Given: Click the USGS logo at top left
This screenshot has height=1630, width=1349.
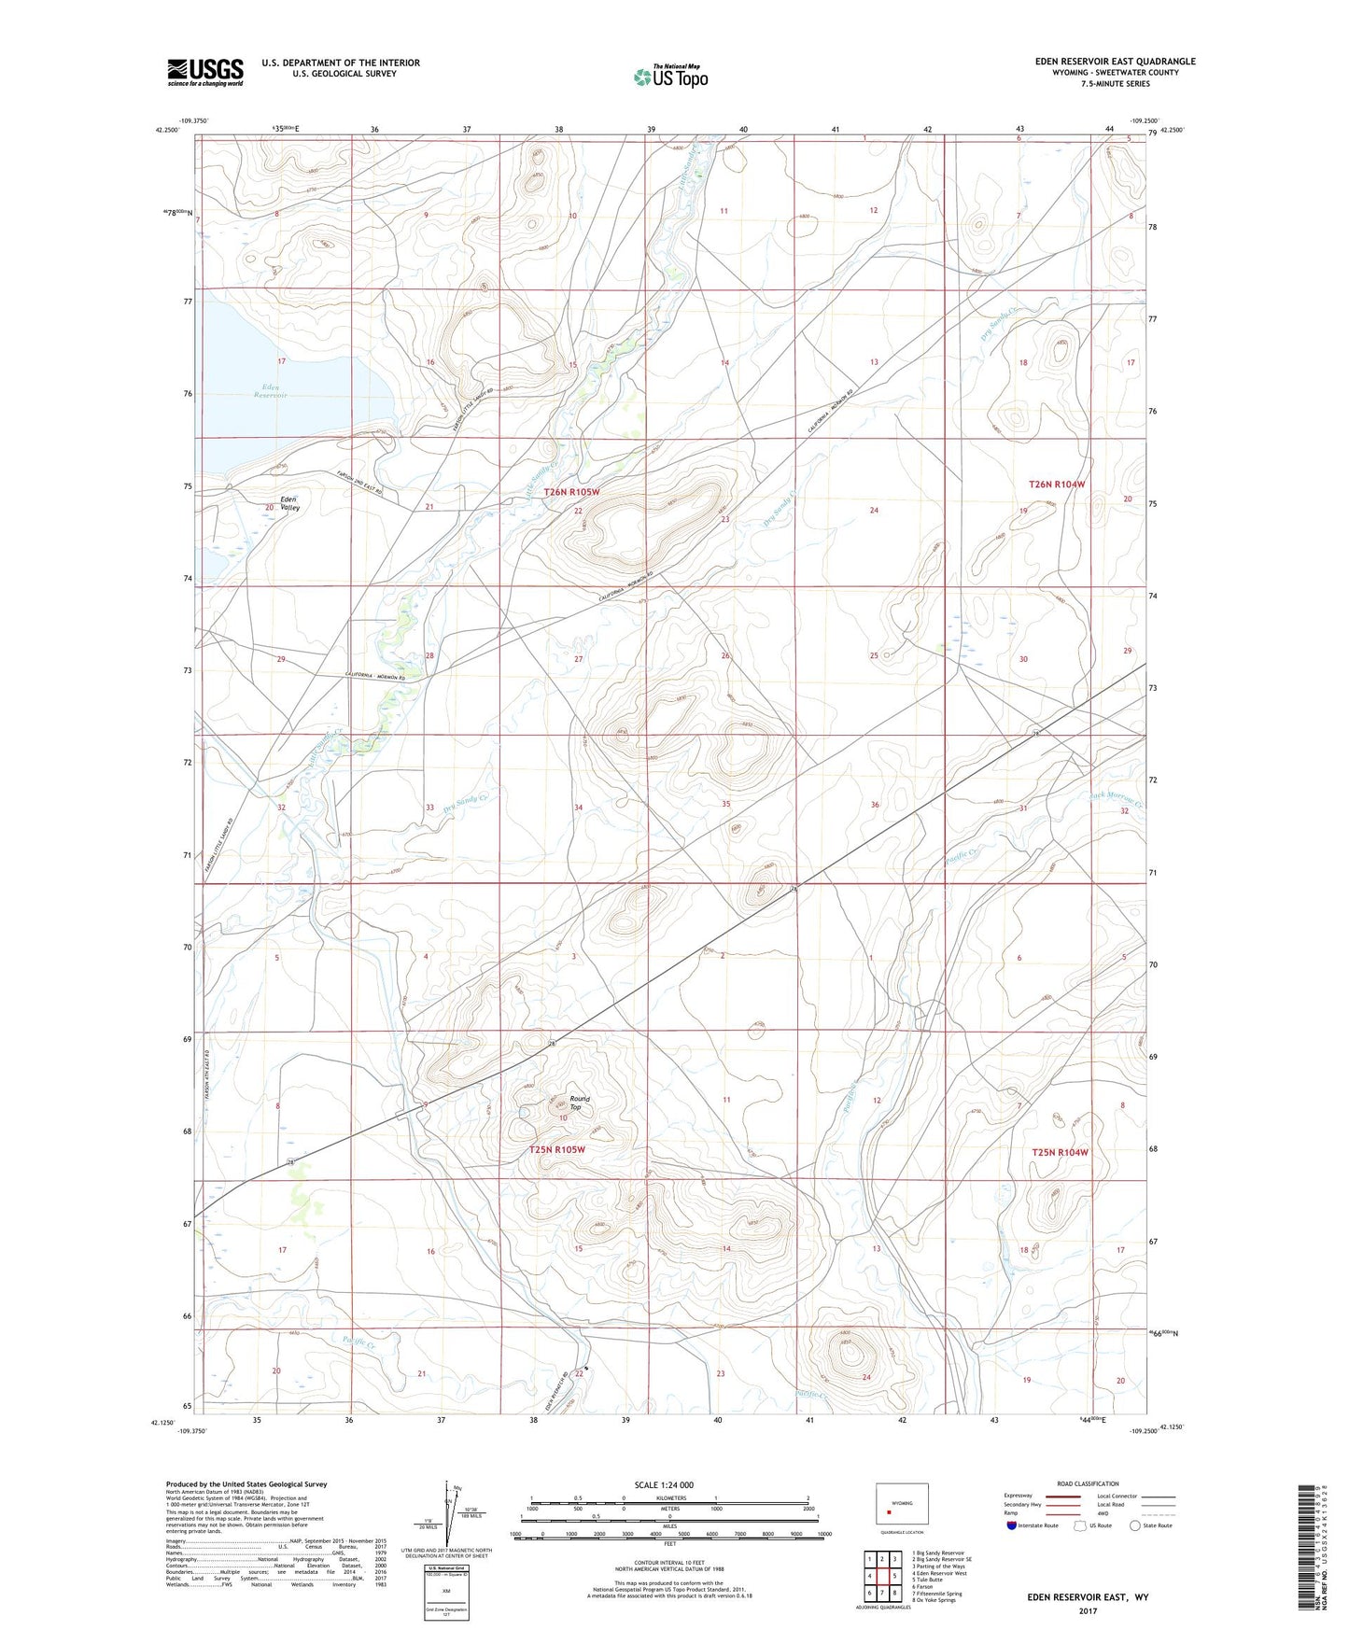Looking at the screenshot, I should (204, 72).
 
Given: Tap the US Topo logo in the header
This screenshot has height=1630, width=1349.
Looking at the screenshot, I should (670, 77).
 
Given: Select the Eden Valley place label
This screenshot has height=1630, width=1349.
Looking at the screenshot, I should (290, 504).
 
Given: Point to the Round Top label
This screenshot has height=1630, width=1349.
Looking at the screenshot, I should (580, 1103).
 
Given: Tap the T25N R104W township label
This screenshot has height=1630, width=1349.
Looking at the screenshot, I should (1061, 1153).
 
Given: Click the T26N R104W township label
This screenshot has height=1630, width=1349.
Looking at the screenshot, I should (1058, 485).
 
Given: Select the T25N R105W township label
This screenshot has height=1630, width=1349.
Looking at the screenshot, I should (557, 1150).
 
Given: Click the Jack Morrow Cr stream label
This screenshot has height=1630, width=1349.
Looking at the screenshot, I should (1117, 799).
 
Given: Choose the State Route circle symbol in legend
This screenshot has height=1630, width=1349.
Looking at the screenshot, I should (1135, 1525).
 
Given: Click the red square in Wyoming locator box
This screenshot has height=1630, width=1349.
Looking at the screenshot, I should (889, 1514).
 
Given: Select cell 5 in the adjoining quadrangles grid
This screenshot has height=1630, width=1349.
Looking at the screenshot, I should (894, 1576).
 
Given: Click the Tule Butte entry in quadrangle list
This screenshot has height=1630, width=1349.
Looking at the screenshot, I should (934, 1581).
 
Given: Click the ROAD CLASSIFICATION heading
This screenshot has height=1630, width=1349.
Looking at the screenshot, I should (1089, 1483).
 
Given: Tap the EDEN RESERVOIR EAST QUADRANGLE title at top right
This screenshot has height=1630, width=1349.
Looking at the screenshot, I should (1115, 62).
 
